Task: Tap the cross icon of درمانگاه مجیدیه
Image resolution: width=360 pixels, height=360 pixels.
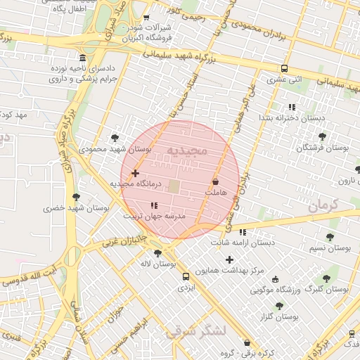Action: click(x=135, y=173)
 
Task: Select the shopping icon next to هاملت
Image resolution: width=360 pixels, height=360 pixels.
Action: click(x=224, y=182)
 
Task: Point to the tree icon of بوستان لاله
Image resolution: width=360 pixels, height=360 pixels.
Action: click(x=157, y=253)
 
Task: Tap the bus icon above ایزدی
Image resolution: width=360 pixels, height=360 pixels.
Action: click(x=185, y=276)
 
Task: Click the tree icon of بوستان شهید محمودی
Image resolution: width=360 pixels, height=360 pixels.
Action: click(x=115, y=138)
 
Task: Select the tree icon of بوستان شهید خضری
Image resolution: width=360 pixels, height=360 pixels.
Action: click(x=76, y=197)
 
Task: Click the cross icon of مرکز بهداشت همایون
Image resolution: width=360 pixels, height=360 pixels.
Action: click(x=229, y=259)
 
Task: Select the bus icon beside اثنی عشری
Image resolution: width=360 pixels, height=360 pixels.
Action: click(x=284, y=68)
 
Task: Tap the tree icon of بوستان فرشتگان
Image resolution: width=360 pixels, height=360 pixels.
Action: click(x=322, y=136)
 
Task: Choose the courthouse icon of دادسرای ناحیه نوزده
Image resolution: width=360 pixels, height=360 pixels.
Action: click(x=84, y=57)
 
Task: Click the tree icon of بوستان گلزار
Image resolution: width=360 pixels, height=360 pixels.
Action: click(x=280, y=306)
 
